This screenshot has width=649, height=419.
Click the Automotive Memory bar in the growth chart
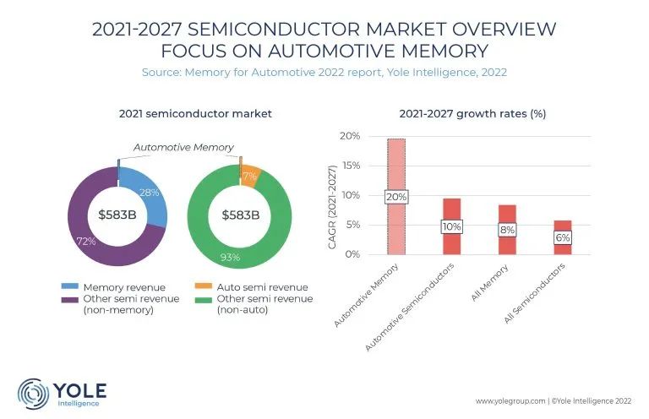pyautogui.click(x=395, y=169)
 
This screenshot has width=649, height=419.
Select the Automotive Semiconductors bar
pyautogui.click(x=451, y=211)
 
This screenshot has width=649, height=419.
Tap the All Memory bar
pyautogui.click(x=507, y=215)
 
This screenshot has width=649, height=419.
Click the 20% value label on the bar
pyautogui.click(x=395, y=197)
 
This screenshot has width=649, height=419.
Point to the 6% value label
pyautogui.click(x=563, y=237)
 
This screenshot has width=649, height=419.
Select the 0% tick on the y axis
pyautogui.click(x=352, y=254)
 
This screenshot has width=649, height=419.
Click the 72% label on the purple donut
pyautogui.click(x=86, y=241)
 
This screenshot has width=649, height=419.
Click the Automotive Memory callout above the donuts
pyautogui.click(x=183, y=147)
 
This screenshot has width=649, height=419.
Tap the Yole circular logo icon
pyautogui.click(x=34, y=394)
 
